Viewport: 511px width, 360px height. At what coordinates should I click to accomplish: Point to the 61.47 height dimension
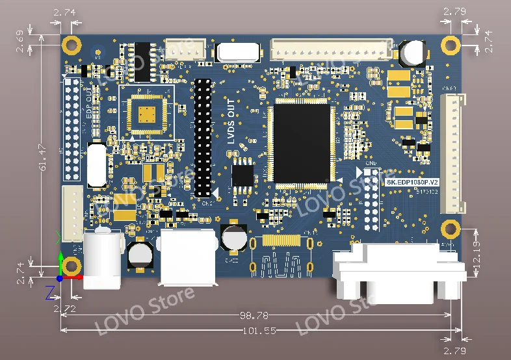pyautogui.click(x=43, y=156)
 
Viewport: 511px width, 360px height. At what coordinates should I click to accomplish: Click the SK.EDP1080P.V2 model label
pyautogui.click(x=413, y=183)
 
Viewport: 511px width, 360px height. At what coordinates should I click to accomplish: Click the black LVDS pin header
pyautogui.click(x=203, y=138)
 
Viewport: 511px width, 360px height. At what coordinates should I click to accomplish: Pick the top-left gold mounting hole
pyautogui.click(x=72, y=45)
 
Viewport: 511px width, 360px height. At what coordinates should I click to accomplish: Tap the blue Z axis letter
pyautogui.click(x=49, y=292)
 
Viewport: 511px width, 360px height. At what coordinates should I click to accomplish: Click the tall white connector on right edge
pyautogui.click(x=452, y=154)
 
